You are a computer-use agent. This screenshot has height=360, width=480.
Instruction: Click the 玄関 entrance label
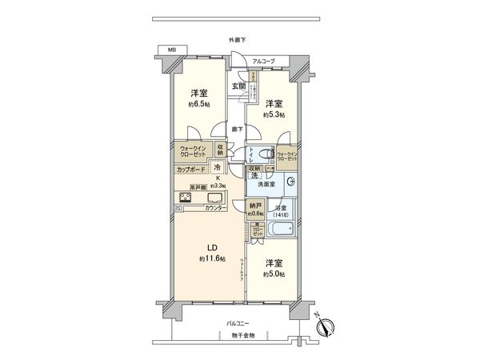tap(238, 86)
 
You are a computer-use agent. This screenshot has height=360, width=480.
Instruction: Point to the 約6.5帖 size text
tap(199, 104)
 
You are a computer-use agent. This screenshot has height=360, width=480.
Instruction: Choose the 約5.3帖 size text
tap(274, 115)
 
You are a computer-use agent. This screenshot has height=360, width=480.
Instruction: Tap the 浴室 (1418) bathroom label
tap(282, 210)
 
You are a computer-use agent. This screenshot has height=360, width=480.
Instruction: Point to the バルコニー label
tap(238, 323)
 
